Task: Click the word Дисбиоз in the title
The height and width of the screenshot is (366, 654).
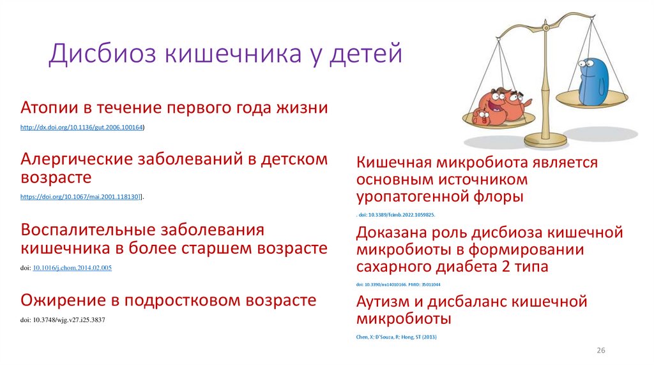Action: click(x=103, y=54)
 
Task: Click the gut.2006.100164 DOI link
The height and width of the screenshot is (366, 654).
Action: click(x=82, y=128)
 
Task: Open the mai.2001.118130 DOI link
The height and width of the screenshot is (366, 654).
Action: click(x=80, y=198)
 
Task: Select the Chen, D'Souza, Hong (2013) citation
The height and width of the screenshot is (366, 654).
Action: click(x=396, y=336)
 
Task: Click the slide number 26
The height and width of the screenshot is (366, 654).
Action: click(x=600, y=351)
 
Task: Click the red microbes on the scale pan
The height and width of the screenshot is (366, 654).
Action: click(x=501, y=105)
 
